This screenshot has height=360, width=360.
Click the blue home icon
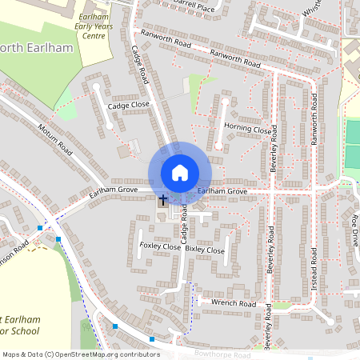click(180, 172)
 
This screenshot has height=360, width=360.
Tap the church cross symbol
click(163, 199)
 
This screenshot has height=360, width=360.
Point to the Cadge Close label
click(129, 105)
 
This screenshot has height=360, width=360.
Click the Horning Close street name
click(248, 129)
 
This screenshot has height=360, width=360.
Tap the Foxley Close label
click(161, 246)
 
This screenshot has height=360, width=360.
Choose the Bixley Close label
click(206, 250)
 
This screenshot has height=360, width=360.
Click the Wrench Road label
click(234, 304)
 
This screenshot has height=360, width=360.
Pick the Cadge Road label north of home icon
click(141, 64)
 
